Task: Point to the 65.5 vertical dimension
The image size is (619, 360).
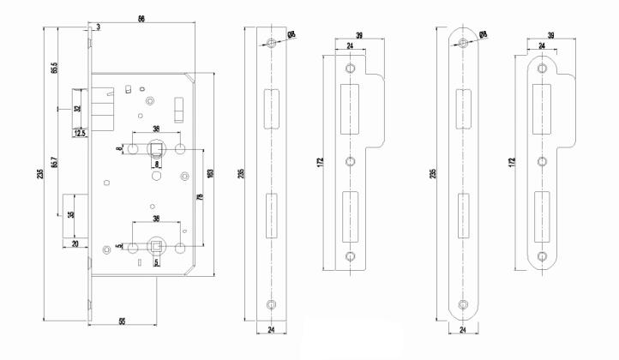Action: click(53, 69)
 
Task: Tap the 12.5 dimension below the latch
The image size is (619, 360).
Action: click(80, 133)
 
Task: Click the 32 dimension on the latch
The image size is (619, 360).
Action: click(76, 109)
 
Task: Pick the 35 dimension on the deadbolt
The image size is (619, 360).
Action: click(70, 215)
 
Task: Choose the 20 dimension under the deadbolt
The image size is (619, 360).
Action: click(75, 244)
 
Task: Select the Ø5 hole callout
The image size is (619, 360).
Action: click(292, 33)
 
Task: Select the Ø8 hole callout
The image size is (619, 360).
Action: click(484, 33)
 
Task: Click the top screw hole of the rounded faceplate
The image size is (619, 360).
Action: click(463, 42)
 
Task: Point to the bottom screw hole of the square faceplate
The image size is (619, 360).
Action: click(270, 303)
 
